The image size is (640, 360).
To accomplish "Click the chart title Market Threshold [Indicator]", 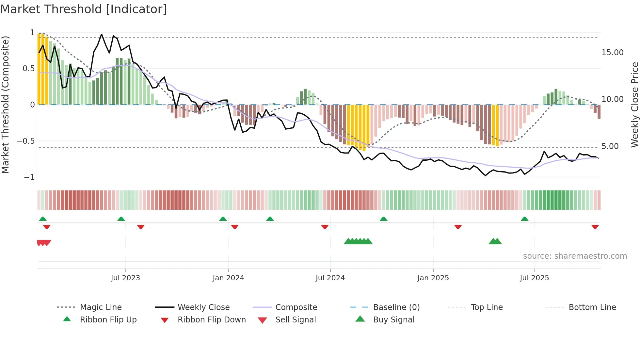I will click(84, 9).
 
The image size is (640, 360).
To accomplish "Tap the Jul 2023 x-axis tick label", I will click(125, 278).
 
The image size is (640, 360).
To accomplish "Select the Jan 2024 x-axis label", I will click(228, 278).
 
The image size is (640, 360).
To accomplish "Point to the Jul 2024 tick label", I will click(330, 278).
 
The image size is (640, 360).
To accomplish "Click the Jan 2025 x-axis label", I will click(433, 278).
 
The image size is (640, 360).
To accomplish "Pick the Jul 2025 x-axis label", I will click(534, 278).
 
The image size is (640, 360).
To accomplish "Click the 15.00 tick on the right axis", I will click(612, 53).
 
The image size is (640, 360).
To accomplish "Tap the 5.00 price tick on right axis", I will click(610, 146).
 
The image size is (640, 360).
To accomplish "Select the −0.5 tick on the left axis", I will click(26, 141).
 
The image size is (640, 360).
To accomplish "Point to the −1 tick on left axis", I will click(29, 177).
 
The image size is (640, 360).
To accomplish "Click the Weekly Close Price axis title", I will click(634, 105).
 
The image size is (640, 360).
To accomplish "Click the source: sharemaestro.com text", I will click(575, 256).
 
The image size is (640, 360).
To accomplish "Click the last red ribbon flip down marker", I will click(595, 227).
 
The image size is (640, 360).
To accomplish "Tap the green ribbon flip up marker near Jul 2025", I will click(524, 219).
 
